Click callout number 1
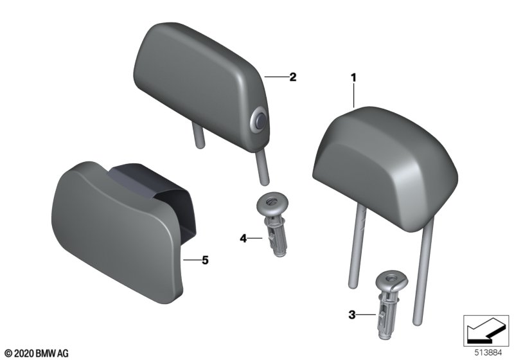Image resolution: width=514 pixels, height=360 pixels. click(353, 78)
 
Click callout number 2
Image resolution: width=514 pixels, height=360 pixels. click(293, 77)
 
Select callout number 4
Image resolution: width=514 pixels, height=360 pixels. click(244, 238)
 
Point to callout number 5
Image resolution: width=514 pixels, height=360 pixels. click(205, 260)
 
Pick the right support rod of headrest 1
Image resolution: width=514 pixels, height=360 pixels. click(423, 271)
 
